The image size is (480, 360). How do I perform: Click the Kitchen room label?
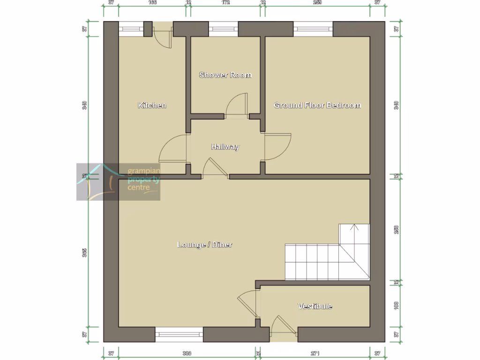152,105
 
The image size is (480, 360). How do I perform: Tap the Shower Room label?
225,75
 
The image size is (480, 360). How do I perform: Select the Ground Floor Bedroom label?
317,105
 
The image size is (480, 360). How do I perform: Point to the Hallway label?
225,147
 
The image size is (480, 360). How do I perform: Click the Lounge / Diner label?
205,245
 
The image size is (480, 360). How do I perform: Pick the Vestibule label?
315,306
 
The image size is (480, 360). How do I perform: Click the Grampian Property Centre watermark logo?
119,182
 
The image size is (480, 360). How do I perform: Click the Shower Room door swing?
237,105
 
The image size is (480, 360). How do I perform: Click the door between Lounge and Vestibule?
247,305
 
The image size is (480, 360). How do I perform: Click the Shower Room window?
224,29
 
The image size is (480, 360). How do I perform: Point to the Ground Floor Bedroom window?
313,29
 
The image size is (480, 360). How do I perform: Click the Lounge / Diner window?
179,334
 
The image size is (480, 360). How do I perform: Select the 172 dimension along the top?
225,2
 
